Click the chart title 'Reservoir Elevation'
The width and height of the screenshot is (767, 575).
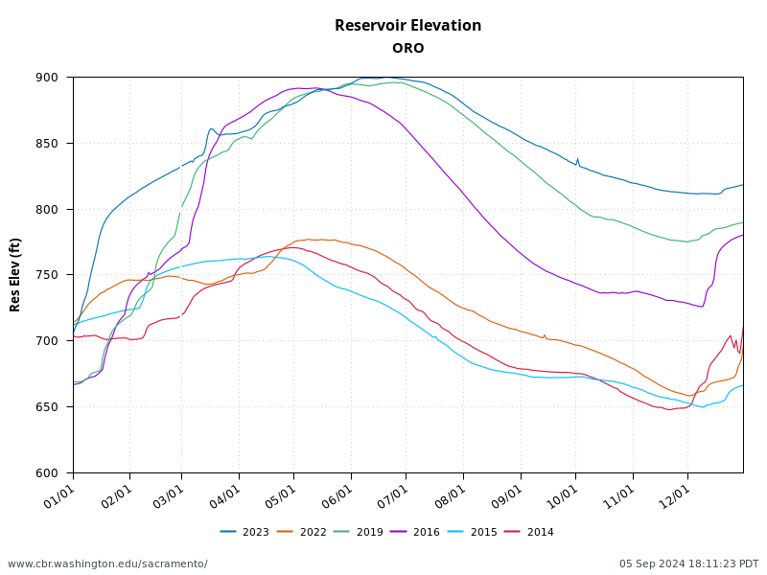click(x=407, y=26)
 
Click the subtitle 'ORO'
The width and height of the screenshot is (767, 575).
click(x=407, y=48)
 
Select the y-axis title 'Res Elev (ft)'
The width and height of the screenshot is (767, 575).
click(x=15, y=274)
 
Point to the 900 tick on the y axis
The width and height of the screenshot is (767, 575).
click(x=48, y=78)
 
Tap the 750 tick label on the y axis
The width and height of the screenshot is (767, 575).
click(x=48, y=275)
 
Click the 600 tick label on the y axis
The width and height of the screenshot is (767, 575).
click(x=48, y=472)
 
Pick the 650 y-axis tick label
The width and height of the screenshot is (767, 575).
click(x=48, y=406)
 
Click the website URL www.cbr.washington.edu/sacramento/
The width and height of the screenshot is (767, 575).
click(x=107, y=563)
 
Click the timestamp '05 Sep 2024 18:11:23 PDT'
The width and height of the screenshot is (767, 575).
click(x=688, y=563)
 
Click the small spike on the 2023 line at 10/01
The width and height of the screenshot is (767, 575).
click(x=577, y=159)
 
